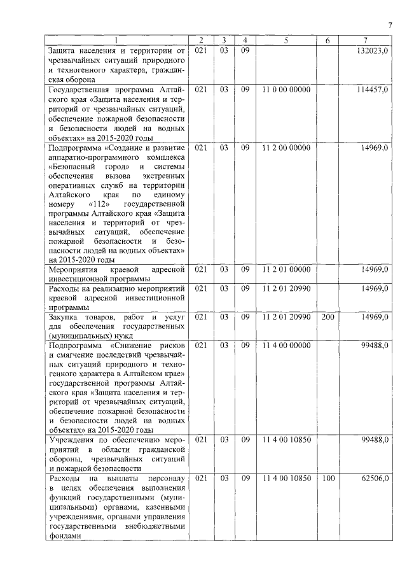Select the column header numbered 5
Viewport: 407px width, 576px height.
[x=286, y=41]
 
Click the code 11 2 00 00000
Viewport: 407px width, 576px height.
[x=286, y=148]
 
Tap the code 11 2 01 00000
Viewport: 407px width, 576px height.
[x=286, y=270]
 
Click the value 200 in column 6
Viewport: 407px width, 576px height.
[x=328, y=317]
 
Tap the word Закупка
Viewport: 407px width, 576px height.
[x=66, y=317]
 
